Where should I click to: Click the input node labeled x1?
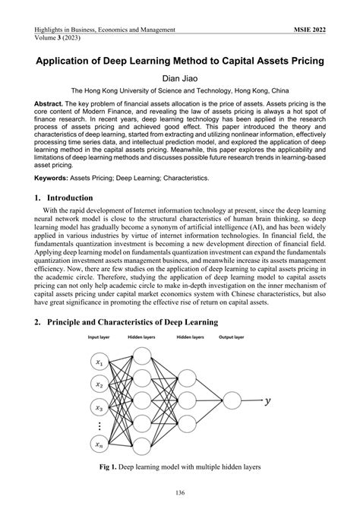tap(99, 362)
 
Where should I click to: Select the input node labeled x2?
tap(99, 384)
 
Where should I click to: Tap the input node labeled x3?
tap(99, 406)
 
